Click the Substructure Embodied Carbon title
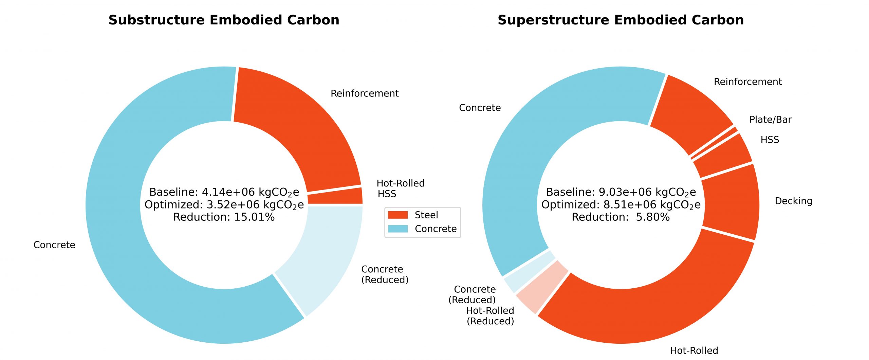click(224, 20)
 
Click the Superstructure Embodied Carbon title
click(621, 20)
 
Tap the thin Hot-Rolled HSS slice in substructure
click(334, 196)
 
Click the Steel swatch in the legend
click(397, 215)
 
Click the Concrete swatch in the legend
click(397, 229)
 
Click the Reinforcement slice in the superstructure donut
click(689, 112)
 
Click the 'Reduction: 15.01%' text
click(224, 217)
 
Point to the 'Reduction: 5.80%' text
click(621, 217)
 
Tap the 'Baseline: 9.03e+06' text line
click(621, 192)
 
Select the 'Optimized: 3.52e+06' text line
click(224, 205)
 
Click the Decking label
click(793, 201)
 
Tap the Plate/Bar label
click(770, 120)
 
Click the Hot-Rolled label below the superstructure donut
click(694, 350)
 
